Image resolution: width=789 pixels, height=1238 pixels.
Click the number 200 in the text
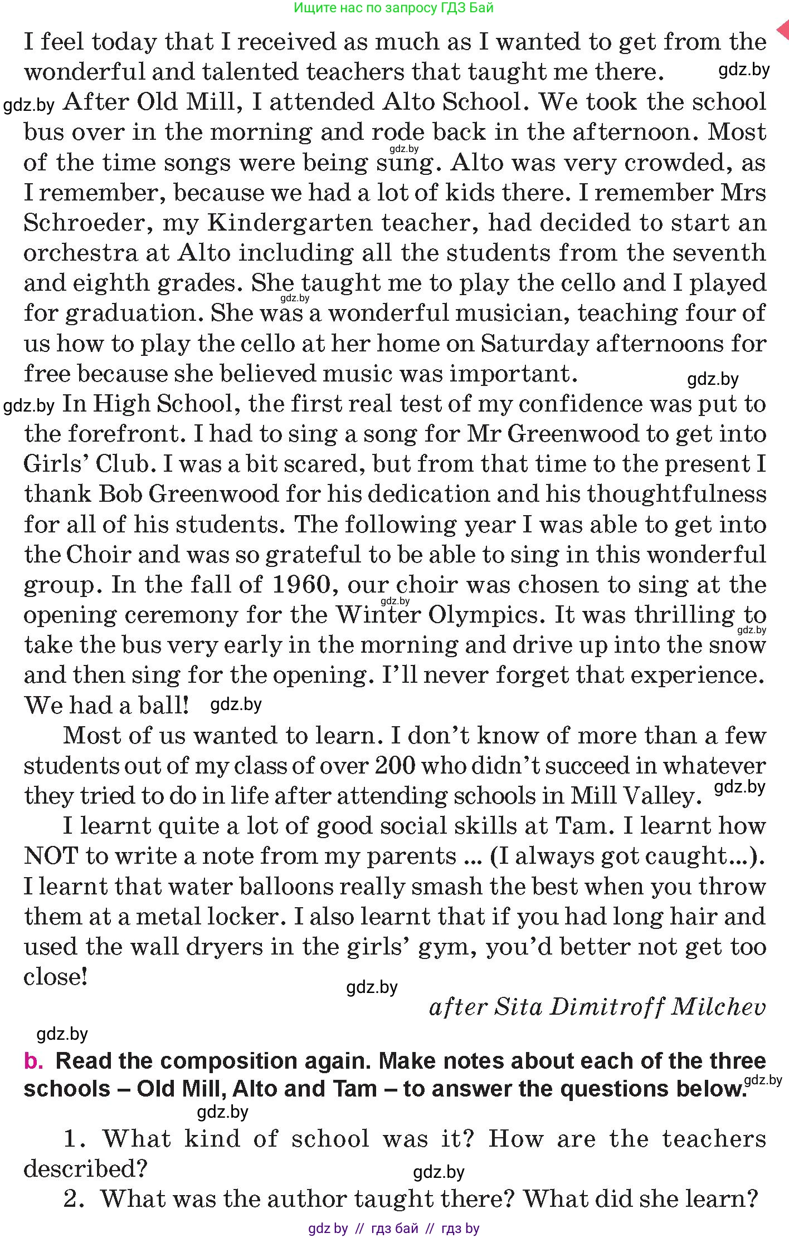395,766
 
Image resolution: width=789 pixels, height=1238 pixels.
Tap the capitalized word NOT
50,856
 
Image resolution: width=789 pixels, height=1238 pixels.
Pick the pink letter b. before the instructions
33,1061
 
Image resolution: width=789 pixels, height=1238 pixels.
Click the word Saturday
534,344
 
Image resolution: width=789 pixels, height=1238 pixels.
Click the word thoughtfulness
676,495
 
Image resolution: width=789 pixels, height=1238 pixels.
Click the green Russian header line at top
393,8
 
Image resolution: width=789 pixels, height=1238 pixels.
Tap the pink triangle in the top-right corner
783,30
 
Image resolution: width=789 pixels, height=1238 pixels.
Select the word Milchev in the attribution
719,1007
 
